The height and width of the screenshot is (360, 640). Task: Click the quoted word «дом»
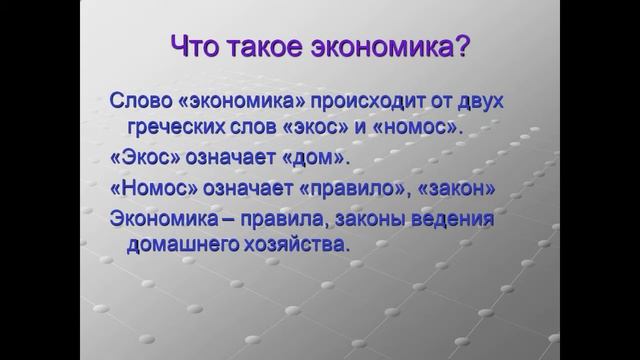(x=315, y=159)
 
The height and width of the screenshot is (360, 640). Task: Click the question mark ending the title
(x=461, y=47)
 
